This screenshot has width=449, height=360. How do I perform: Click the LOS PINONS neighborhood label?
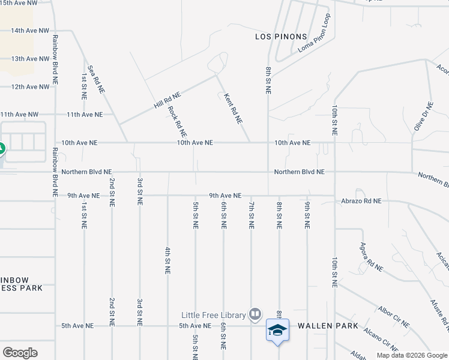coord(281,37)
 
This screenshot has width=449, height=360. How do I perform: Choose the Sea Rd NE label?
coord(96,79)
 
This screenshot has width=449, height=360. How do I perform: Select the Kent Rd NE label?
coord(233,108)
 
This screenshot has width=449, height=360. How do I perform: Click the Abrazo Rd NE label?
coord(361,202)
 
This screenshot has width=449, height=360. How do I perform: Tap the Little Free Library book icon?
coord(255,314)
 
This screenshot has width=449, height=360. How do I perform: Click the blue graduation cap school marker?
coord(278,330)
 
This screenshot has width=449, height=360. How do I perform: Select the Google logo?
coord(20,353)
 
